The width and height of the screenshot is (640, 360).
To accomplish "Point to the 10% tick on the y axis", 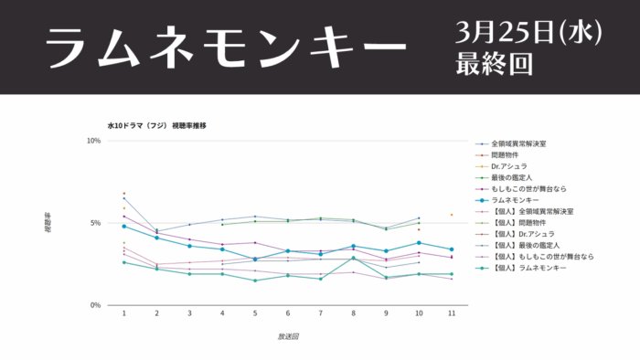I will tap(93, 141).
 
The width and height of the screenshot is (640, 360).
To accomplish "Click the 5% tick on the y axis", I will tap(95, 223).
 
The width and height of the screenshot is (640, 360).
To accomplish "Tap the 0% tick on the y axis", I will tap(95, 305).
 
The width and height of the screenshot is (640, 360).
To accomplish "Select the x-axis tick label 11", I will tap(452, 313).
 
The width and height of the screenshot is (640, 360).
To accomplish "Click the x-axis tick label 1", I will tap(123, 313).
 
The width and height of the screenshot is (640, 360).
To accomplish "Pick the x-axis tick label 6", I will tap(288, 313).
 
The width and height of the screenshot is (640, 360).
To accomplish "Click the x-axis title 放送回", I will tap(288, 336).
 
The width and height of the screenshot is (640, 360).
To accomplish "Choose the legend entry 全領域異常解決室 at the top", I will tap(519, 144).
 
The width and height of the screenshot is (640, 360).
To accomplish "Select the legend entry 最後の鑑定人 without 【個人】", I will tap(512, 177).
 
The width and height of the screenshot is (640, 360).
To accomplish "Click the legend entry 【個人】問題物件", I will tap(522, 222).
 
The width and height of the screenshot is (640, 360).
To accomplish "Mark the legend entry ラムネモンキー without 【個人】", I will tap(515, 200).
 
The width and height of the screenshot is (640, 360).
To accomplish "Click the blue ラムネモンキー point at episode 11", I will tap(452, 249).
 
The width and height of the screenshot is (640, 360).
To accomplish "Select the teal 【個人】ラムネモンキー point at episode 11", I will tap(452, 274).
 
